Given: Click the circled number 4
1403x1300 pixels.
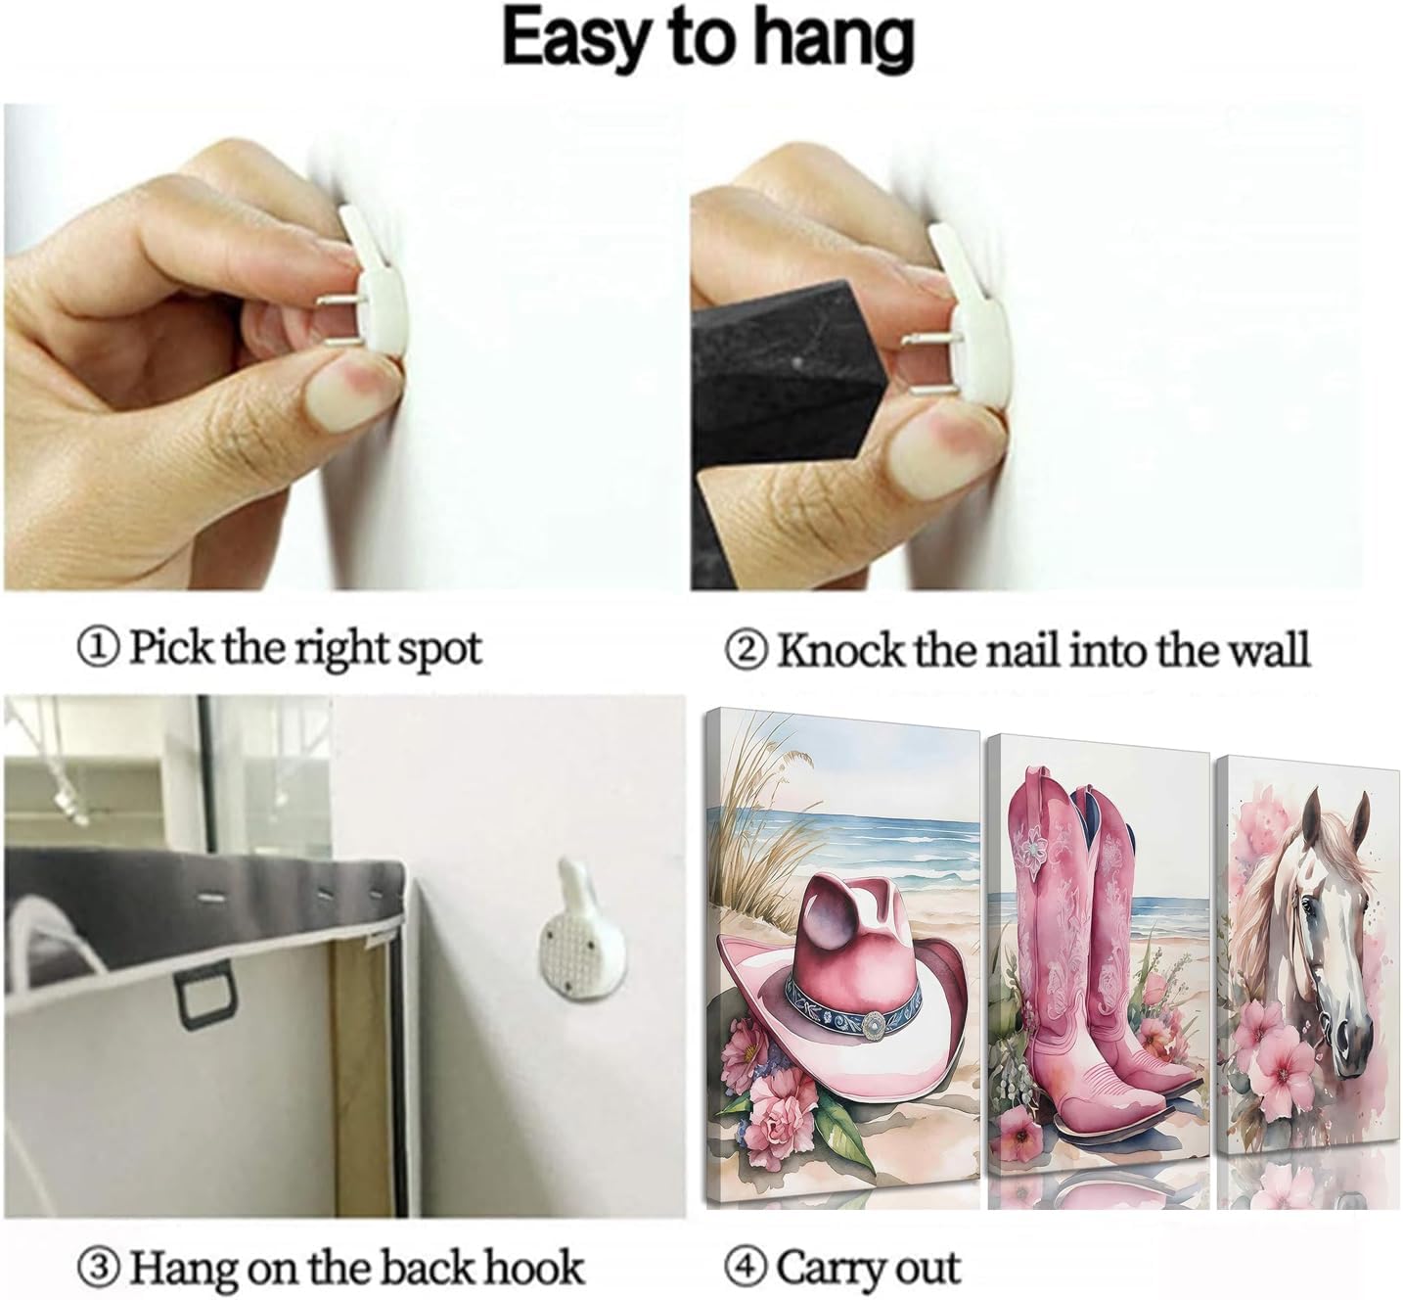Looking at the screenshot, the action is coord(747,1246).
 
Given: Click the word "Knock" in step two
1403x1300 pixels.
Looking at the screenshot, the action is coord(840,649).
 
